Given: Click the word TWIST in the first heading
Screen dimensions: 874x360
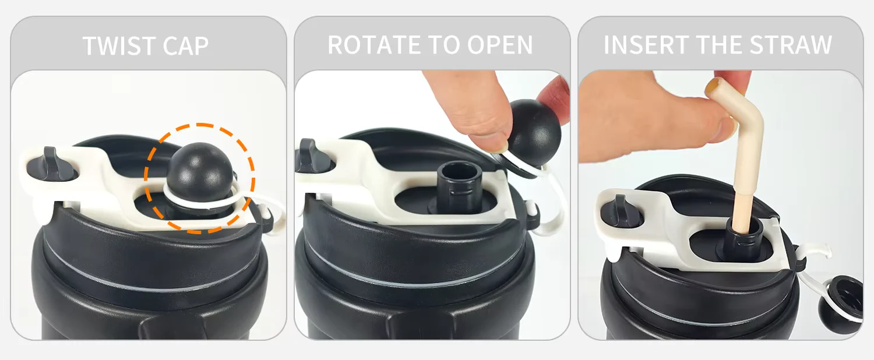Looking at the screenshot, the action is click(118, 46).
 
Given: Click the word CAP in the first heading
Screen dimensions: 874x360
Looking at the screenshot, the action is click(186, 46).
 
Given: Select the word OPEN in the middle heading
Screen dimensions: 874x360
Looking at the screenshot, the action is click(500, 45).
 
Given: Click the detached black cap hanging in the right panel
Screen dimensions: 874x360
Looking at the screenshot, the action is click(841, 304).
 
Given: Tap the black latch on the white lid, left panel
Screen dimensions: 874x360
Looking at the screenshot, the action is click(51, 164).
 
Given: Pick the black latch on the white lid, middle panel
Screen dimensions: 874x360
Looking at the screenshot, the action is click(312, 156).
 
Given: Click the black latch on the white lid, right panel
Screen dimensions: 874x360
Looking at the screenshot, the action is click(621, 211).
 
